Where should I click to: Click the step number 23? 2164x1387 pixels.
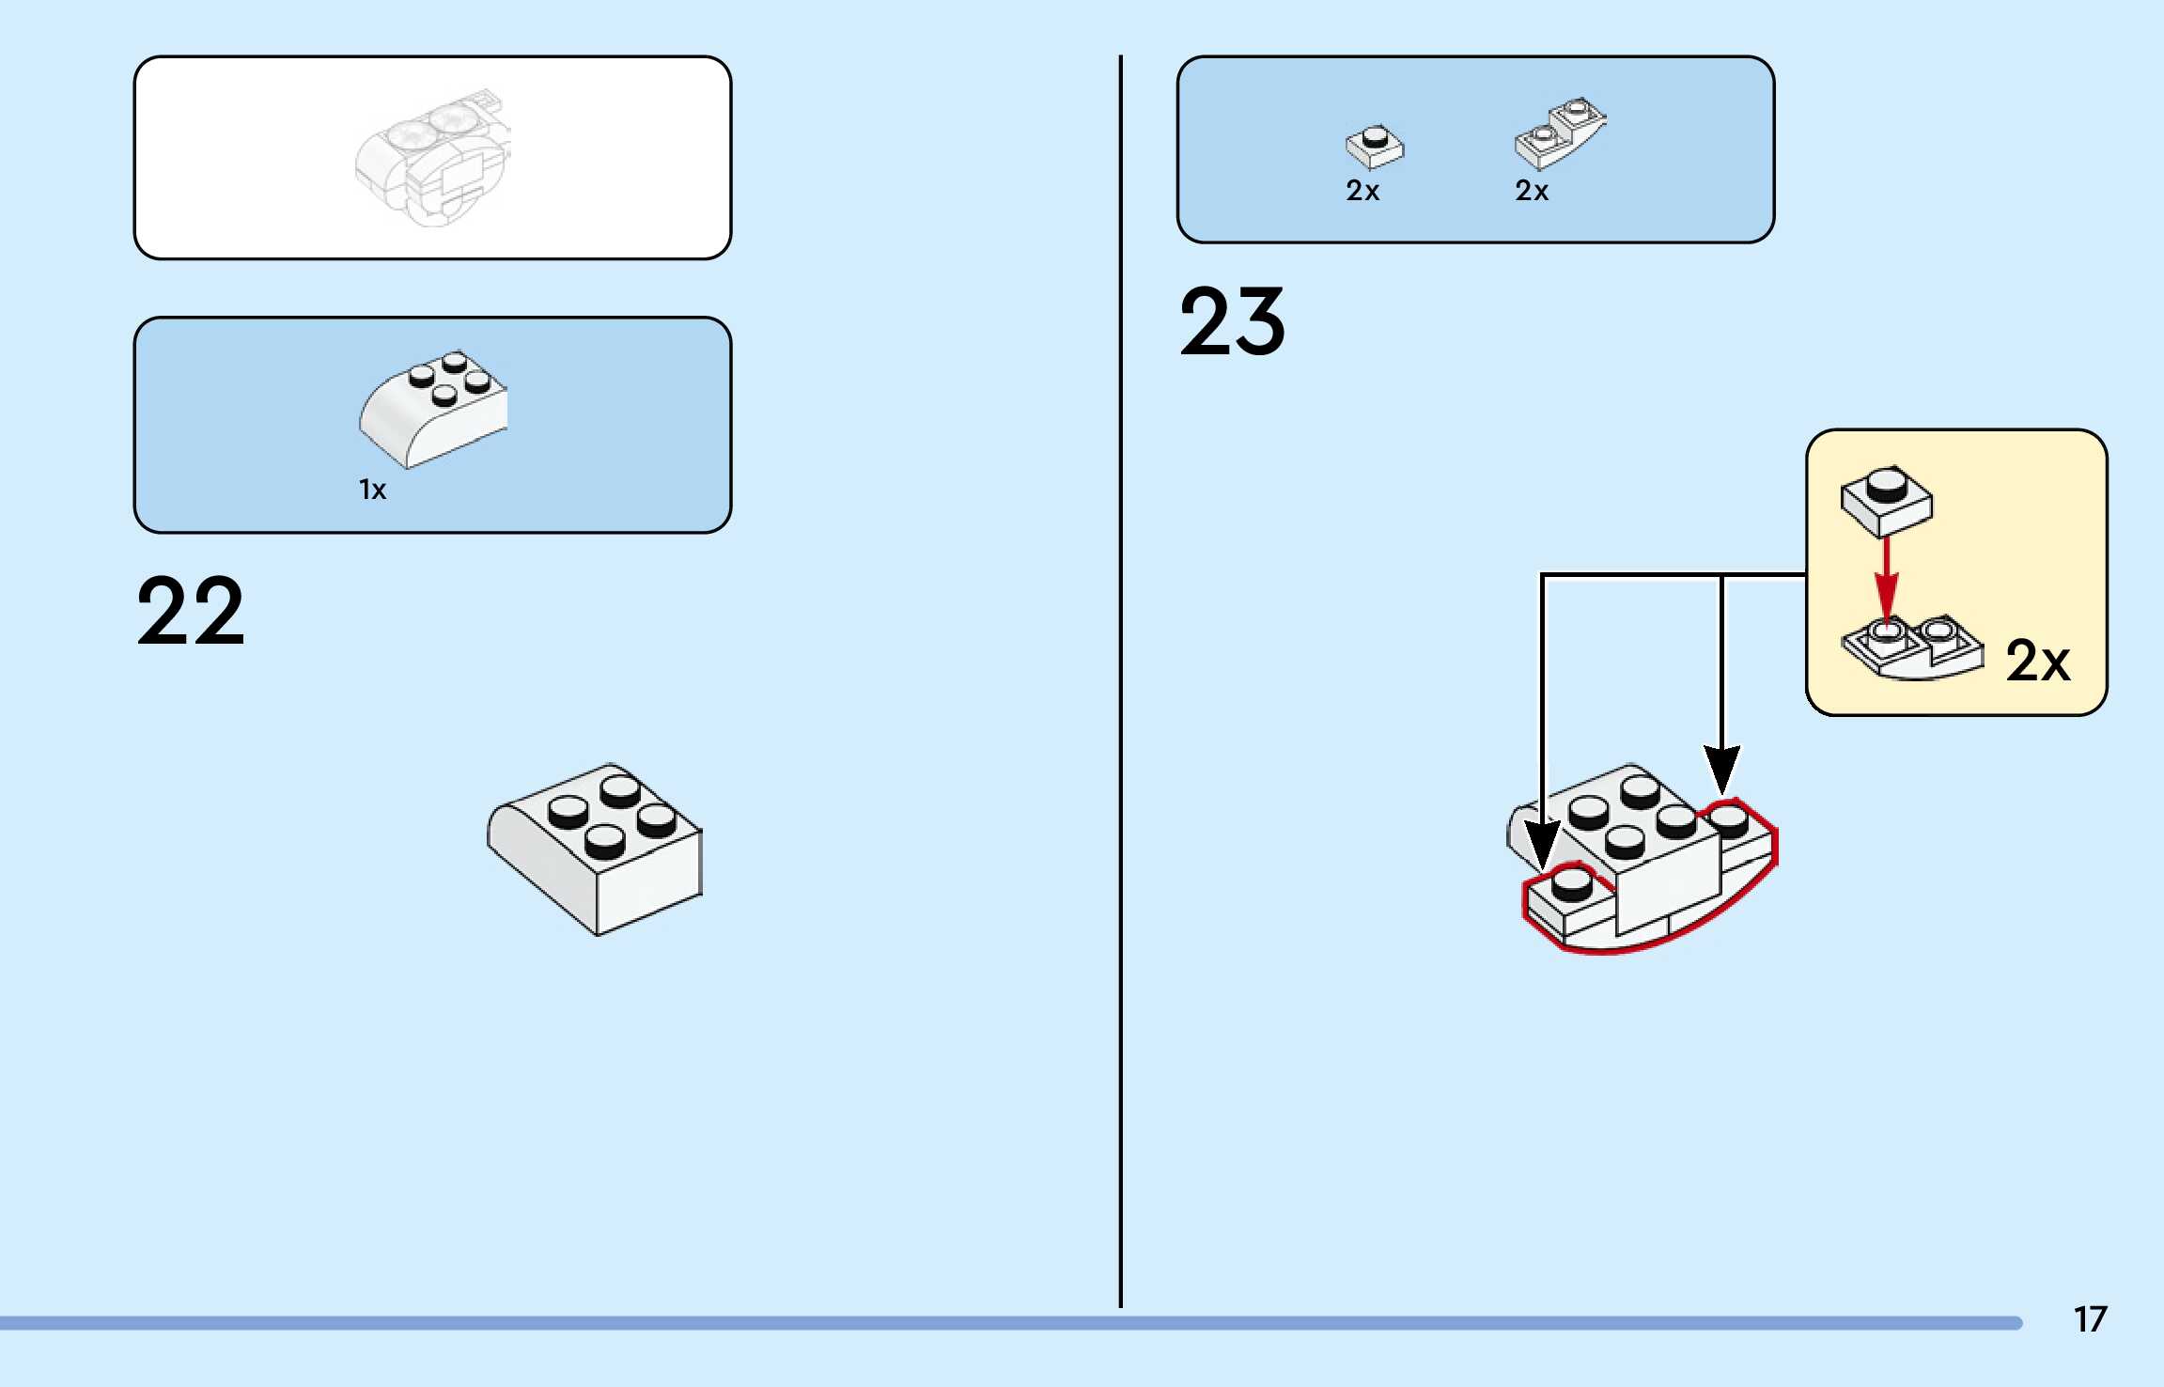coord(1232,322)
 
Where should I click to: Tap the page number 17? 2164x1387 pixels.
coord(2090,1319)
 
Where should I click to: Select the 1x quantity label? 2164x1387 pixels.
coord(372,490)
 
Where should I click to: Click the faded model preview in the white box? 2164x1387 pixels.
coord(432,158)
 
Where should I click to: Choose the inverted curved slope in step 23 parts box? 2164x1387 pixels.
coord(1560,132)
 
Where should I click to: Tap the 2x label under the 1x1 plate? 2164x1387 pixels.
coord(1362,191)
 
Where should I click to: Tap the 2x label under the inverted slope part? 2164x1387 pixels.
coord(1532,191)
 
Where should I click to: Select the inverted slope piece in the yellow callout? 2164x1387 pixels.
coord(1912,647)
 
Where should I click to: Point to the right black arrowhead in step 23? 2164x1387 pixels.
coord(1721,768)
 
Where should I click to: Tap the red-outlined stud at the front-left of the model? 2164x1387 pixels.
coord(1571,883)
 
